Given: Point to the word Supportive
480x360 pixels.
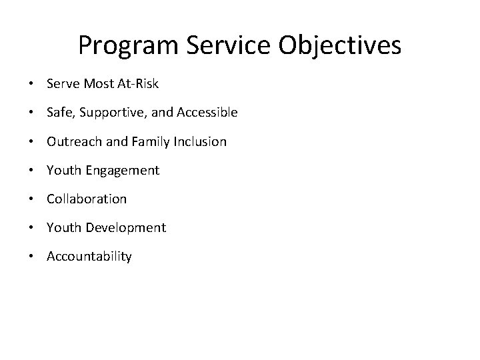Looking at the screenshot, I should pyautogui.click(x=108, y=113).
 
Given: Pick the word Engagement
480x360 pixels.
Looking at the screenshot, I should pyautogui.click(x=121, y=171).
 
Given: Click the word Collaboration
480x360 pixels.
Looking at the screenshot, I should pyautogui.click(x=87, y=199).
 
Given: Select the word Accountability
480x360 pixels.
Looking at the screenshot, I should pyautogui.click(x=89, y=257).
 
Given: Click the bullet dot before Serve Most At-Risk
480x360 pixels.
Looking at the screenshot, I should pyautogui.click(x=31, y=85).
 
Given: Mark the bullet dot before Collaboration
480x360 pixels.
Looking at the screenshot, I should pyautogui.click(x=31, y=199).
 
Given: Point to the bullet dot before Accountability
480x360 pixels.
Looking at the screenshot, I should pyautogui.click(x=31, y=257).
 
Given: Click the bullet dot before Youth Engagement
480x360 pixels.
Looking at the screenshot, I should pyautogui.click(x=31, y=171).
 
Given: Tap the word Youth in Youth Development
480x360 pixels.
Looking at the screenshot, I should pyautogui.click(x=62, y=227).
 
